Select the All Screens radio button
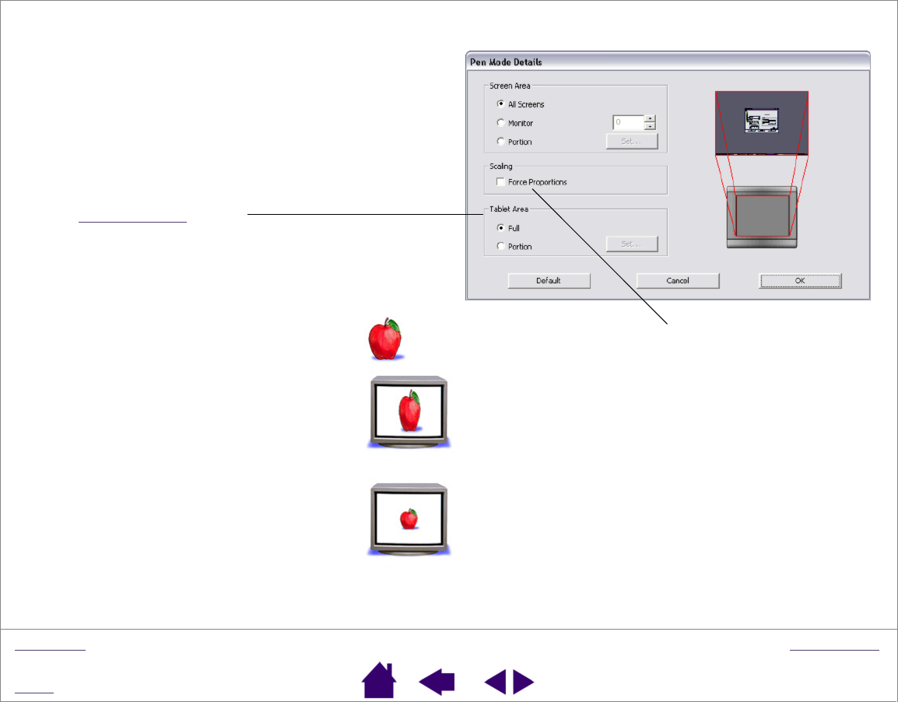(500, 104)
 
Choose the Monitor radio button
(500, 123)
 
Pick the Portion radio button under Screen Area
(500, 142)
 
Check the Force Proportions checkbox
(500, 182)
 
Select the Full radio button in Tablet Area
(500, 228)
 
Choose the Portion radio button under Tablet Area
(500, 247)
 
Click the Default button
(549, 281)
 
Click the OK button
(800, 281)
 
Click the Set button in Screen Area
(632, 142)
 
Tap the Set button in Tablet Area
(632, 244)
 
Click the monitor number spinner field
(628, 122)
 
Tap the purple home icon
(379, 681)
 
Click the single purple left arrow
(437, 683)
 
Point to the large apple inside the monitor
(409, 412)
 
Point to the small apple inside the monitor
(409, 519)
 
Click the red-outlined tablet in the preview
(762, 216)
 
